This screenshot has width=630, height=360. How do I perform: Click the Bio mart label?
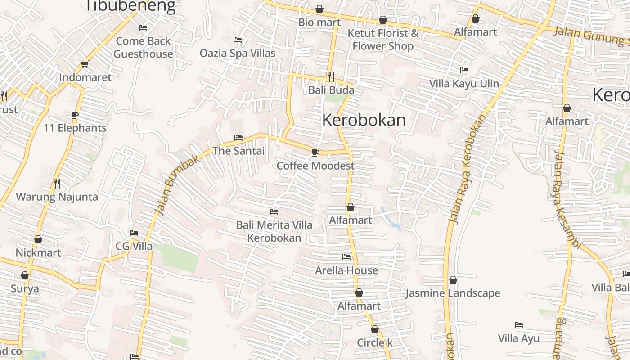click(319, 22)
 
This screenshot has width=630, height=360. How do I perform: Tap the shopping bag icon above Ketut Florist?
click(383, 20)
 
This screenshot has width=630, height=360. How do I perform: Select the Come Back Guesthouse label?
click(143, 47)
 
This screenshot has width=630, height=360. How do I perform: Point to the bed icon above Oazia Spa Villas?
click(238, 40)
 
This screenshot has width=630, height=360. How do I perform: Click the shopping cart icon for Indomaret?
click(85, 64)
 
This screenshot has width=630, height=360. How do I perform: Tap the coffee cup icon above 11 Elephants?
click(75, 115)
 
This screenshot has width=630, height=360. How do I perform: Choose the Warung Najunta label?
click(57, 197)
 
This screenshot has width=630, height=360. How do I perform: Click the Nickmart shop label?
click(38, 252)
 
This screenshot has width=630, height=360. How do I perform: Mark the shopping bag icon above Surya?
click(25, 275)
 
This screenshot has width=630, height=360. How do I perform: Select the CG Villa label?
click(134, 246)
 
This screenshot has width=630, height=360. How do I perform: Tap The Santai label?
click(238, 151)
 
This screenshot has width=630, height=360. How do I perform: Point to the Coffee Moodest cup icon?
click(315, 153)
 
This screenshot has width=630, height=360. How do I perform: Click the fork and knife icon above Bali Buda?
click(331, 77)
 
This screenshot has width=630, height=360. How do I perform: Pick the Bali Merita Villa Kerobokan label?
click(274, 231)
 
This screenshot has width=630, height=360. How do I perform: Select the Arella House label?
click(346, 270)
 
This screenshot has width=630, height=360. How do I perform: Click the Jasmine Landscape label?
click(453, 293)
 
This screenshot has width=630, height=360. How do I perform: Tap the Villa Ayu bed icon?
click(519, 325)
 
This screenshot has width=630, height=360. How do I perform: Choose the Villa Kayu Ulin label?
click(464, 84)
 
